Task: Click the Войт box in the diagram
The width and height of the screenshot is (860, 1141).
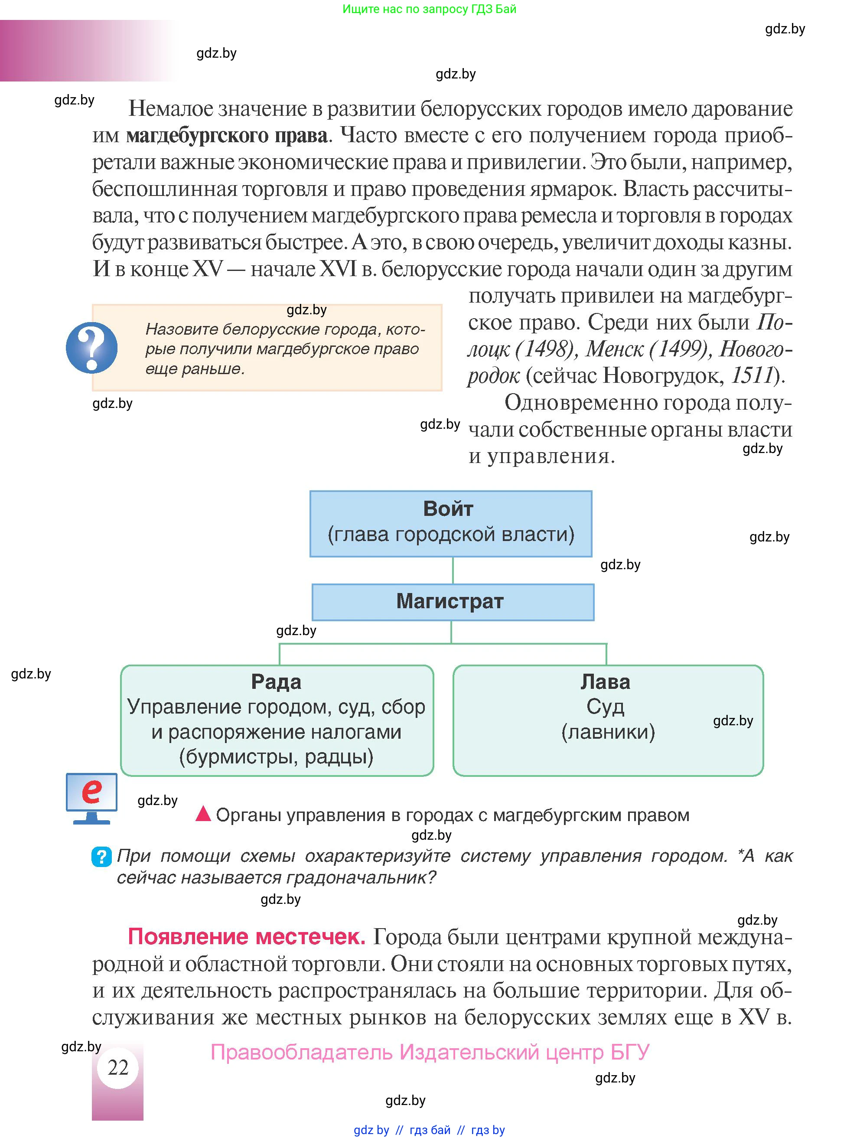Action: [450, 524]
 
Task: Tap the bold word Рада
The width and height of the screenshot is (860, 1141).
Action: [276, 682]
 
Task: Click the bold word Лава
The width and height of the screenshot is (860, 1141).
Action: [605, 682]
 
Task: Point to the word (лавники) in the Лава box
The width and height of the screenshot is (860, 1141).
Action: [608, 732]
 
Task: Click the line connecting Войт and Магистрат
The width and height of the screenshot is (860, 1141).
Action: [453, 570]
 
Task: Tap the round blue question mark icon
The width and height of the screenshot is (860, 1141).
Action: [92, 348]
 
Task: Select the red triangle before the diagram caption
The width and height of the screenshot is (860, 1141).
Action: [203, 814]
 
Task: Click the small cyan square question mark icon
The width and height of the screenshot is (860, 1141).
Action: [101, 857]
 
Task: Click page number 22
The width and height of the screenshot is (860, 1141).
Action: [117, 1067]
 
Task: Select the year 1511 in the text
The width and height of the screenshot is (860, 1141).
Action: [753, 375]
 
